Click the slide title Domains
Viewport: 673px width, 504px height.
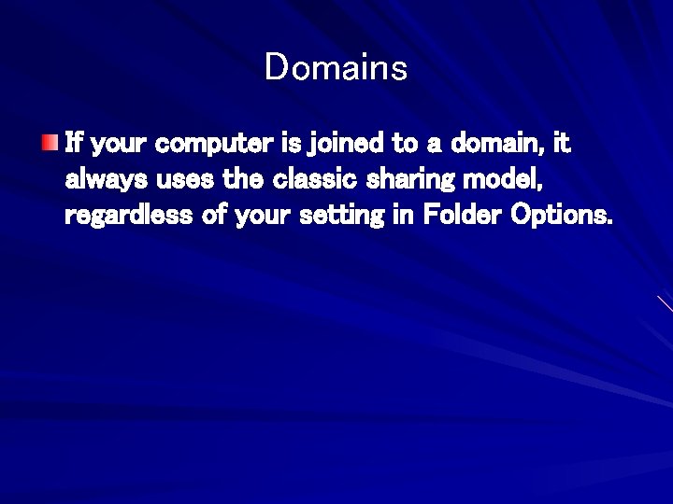click(x=336, y=68)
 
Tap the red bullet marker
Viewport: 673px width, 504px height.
click(x=48, y=143)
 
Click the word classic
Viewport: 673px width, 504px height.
click(x=319, y=181)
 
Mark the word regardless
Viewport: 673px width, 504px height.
click(x=125, y=217)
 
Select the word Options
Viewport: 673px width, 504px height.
click(x=561, y=217)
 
